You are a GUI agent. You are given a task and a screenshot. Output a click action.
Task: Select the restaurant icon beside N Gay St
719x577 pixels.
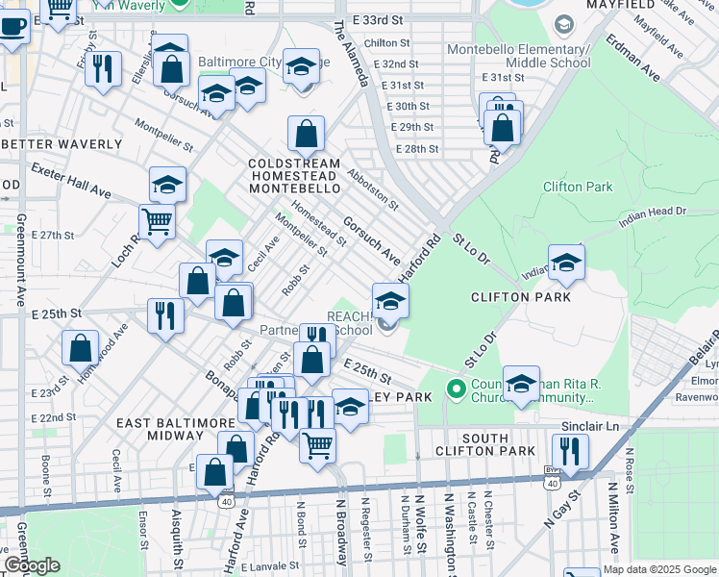click(x=571, y=451)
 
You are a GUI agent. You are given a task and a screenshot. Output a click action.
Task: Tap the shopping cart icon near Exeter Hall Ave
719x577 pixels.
click(x=157, y=221)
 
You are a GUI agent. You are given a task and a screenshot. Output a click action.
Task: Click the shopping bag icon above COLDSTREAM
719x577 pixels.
click(x=306, y=135)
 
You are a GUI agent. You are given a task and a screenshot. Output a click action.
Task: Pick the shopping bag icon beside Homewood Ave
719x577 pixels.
click(x=81, y=348)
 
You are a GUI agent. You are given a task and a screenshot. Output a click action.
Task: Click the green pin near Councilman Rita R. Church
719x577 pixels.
click(x=457, y=390)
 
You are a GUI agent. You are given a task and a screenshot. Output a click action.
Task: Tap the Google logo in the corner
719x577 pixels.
click(x=32, y=565)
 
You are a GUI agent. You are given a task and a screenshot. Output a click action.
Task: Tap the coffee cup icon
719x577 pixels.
click(x=12, y=28)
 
